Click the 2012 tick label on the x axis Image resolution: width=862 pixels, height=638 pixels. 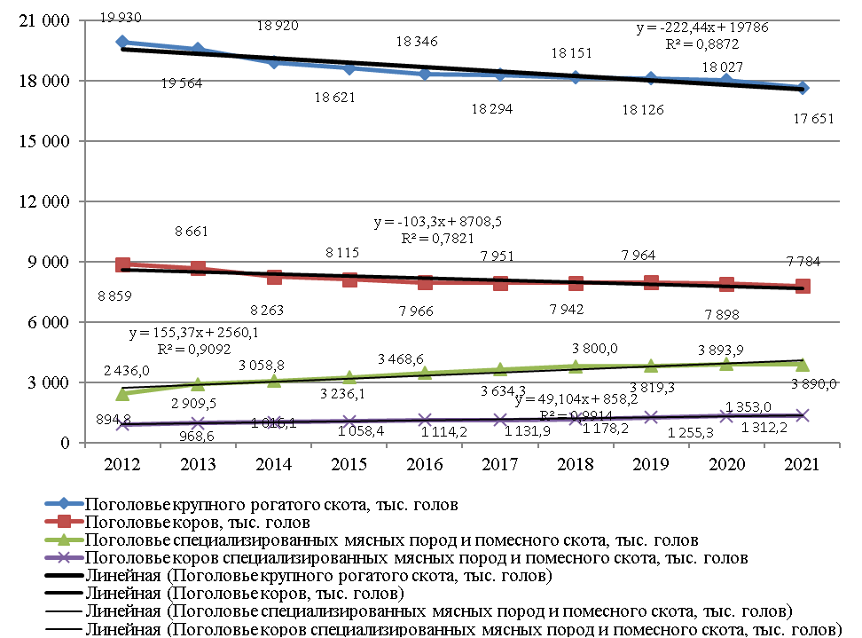coord(122,464)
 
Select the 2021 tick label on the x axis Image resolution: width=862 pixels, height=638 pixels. coord(802,464)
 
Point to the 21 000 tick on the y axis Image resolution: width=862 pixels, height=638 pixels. coord(43,20)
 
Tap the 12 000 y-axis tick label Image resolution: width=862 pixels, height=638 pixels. coord(43,201)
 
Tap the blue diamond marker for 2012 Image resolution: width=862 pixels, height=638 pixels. coord(122,42)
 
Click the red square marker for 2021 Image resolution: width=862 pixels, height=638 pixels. coord(802,286)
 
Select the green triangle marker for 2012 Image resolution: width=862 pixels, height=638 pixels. coord(122,392)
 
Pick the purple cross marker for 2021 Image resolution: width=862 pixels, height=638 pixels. coord(802,415)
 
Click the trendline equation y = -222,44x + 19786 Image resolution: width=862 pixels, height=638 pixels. coord(702,28)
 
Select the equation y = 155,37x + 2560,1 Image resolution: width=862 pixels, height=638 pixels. coord(194,333)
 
